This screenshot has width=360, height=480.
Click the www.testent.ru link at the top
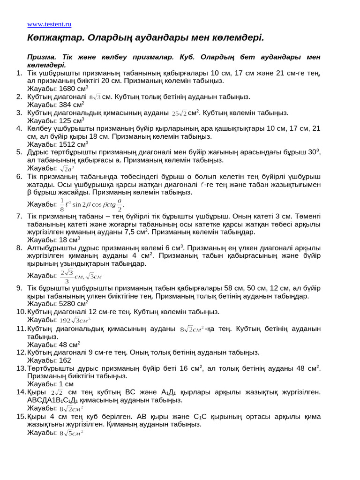49,24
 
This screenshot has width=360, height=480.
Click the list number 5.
19,152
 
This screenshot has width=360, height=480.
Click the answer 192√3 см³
75,320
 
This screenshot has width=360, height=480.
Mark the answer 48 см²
71,344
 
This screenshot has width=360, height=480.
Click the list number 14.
21,392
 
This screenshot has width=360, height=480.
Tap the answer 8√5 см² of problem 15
71,433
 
